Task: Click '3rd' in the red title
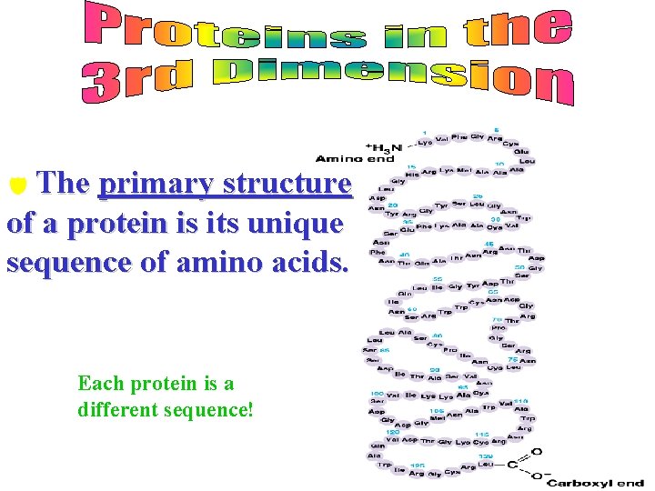pyautogui.click(x=137, y=82)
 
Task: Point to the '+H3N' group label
pyautogui.click(x=384, y=148)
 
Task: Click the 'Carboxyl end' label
pyautogui.click(x=595, y=484)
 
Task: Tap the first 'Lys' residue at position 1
pyautogui.click(x=425, y=143)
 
